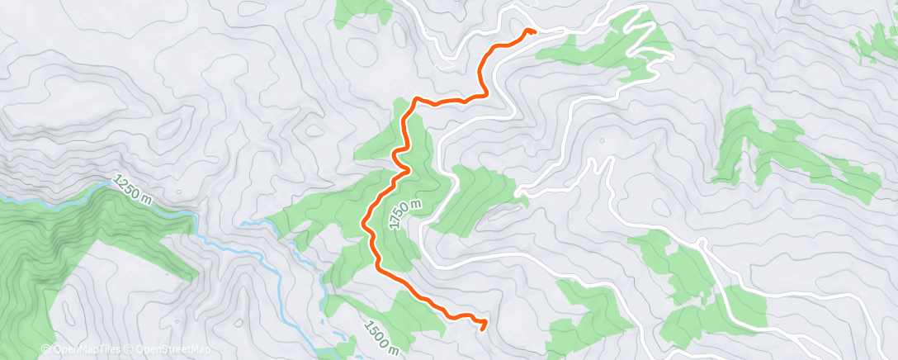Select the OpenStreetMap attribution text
(x=167, y=350)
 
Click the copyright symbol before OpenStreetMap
(x=129, y=350)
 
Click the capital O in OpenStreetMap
(x=138, y=350)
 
